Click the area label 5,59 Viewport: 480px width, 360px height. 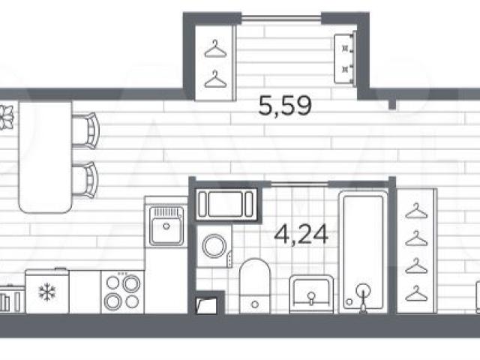pos(285,106)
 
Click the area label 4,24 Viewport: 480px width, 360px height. pos(301,235)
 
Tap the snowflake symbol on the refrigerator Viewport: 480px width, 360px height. pos(47,292)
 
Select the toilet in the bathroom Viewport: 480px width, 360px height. pos(255,286)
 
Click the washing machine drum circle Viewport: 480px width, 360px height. pos(214,246)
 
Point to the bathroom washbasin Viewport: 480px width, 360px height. pos(312,294)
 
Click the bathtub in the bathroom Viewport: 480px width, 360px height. pos(363,252)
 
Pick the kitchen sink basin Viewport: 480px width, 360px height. pos(166,226)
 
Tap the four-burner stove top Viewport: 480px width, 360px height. pos(122,292)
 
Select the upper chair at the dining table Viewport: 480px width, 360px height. pos(85,130)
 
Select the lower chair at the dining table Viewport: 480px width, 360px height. pos(85,180)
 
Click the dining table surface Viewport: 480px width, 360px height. pos(45,157)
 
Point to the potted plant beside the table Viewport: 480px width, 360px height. pos(6,117)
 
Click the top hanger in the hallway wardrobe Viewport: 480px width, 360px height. pos(215,49)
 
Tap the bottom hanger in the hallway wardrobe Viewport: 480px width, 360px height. pos(215,79)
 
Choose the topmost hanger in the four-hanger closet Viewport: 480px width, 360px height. pos(416,211)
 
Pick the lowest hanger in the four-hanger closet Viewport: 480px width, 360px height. pos(416,293)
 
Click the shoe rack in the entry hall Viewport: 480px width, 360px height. pos(345,58)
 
